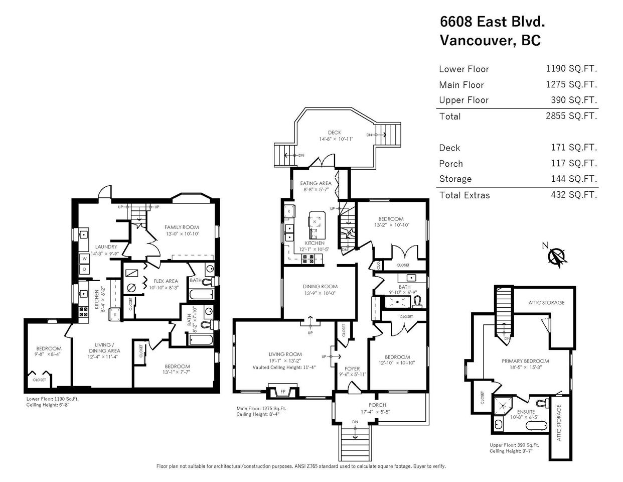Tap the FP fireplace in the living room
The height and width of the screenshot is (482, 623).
click(283, 391)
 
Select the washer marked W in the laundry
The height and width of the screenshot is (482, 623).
click(85, 259)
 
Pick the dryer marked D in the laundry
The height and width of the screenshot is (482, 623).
click(85, 269)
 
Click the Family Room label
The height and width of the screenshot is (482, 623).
click(182, 227)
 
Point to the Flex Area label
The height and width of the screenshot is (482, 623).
click(166, 281)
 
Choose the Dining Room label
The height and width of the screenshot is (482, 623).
click(320, 286)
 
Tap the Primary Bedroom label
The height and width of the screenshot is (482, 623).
click(526, 361)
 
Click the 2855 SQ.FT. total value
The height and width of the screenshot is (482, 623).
click(571, 116)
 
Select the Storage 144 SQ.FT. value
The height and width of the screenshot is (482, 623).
click(574, 179)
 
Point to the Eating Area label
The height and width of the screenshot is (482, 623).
click(316, 183)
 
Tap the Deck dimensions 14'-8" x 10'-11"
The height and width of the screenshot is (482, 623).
click(336, 139)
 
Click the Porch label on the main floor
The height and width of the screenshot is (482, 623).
click(377, 405)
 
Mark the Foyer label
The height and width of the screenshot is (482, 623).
click(352, 369)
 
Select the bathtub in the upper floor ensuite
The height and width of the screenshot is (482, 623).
click(536, 425)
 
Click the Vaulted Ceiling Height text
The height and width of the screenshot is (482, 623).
click(284, 367)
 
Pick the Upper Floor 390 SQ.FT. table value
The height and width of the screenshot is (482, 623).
click(574, 100)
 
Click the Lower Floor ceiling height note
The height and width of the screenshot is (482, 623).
click(48, 405)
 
